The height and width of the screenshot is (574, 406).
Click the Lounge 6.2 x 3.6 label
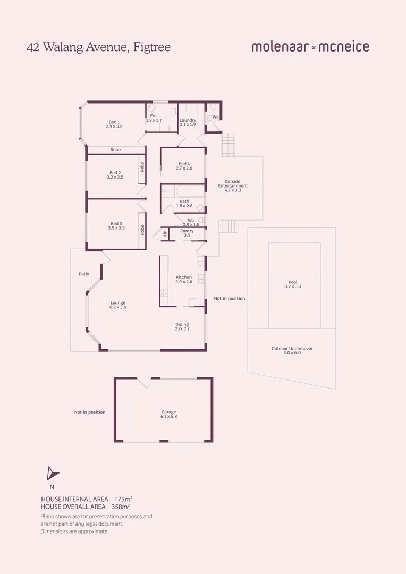118,305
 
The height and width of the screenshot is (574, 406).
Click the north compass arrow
52,474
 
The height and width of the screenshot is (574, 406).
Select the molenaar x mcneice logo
310,47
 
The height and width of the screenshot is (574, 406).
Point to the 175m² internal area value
123,499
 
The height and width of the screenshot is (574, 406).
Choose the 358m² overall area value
121,507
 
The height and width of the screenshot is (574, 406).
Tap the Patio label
83,274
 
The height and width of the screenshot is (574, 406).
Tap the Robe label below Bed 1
115,150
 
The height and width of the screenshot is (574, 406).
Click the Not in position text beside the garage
90,412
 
